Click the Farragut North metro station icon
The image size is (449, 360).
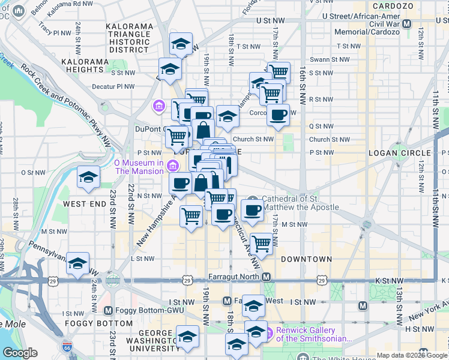click(x=267, y=277)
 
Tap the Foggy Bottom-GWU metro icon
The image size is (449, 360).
click(x=108, y=310)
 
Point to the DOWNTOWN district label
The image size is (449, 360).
click(x=306, y=259)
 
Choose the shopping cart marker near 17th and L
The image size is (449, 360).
click(x=261, y=244)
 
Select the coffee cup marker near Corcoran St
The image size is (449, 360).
click(x=278, y=115)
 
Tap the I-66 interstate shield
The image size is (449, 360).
click(x=67, y=347)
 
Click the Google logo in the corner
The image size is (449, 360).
click(x=20, y=353)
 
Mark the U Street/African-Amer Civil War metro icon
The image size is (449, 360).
click(x=408, y=23)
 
